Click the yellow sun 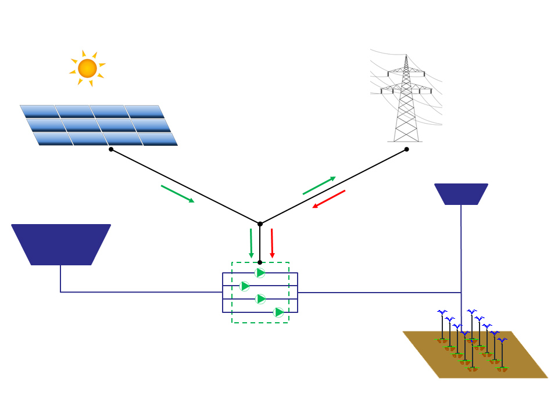tap(87, 68)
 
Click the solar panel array tap(99, 125)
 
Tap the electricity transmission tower tap(406, 99)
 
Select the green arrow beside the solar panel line tap(177, 194)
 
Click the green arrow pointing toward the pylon tap(319, 185)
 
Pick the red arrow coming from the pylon tap(329, 199)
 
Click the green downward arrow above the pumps tap(251, 243)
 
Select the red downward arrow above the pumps tap(271, 243)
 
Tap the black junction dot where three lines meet tap(260, 224)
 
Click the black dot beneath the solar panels tap(111, 149)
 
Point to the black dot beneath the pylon tap(406, 149)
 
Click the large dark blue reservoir tap(61, 244)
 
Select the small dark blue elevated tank tap(461, 194)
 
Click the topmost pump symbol tap(260, 273)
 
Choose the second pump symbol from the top tap(245, 286)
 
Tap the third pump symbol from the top tap(260, 298)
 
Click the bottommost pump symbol tap(279, 312)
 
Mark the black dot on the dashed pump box tap(260, 262)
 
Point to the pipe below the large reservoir tap(60, 279)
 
